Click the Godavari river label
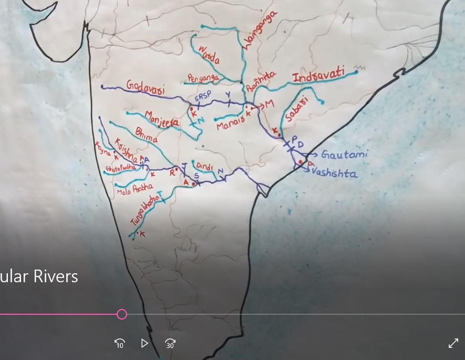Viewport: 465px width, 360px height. (x=145, y=87)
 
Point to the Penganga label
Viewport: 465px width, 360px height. (x=203, y=78)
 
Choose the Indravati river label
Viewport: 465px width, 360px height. (x=318, y=75)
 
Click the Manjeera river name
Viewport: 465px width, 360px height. (x=161, y=119)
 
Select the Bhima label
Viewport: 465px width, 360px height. (x=146, y=136)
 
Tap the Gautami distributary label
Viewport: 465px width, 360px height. (x=344, y=155)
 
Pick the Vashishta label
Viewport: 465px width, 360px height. (x=335, y=173)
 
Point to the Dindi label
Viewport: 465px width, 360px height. (x=205, y=167)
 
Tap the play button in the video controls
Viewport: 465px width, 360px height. (x=144, y=343)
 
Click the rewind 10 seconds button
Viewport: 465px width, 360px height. (x=120, y=344)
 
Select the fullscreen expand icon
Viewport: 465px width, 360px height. (x=453, y=343)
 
